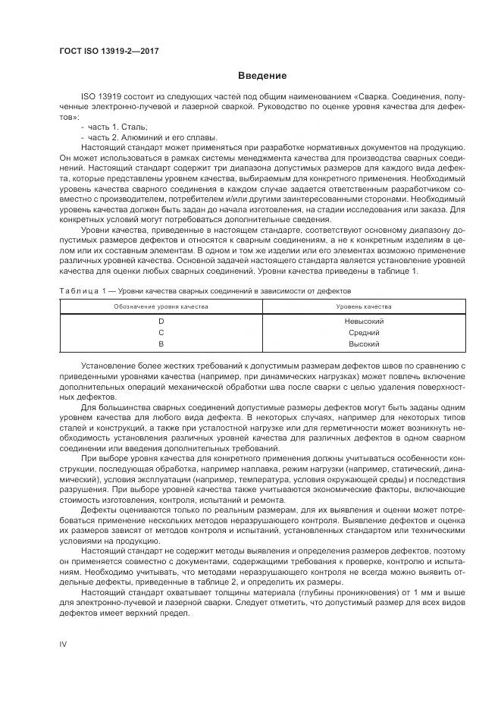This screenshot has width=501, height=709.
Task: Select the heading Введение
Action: pos(261,76)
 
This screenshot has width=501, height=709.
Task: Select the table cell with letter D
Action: pos(161,321)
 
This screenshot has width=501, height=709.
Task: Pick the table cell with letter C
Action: pos(161,332)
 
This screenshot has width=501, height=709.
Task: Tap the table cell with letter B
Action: pos(161,344)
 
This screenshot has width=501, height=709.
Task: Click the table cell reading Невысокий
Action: pos(363,321)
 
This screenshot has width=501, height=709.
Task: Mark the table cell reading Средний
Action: pos(363,332)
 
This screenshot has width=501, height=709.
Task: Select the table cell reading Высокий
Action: pos(363,344)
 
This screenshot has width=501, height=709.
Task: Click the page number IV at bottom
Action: pos(64,644)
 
